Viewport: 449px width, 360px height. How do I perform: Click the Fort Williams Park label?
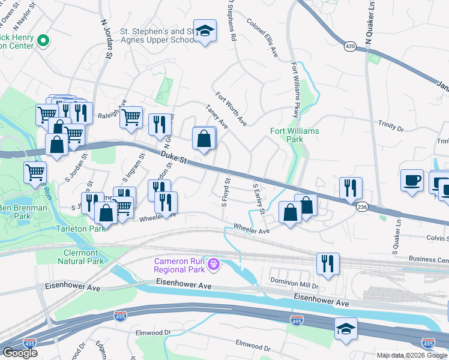[295, 135]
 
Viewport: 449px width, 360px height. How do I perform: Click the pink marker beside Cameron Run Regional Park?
[213, 263]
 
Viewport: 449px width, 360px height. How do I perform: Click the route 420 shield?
[351, 46]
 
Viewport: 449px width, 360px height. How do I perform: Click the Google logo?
[20, 353]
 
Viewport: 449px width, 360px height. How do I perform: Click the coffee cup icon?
[412, 179]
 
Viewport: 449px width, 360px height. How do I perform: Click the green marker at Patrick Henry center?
[43, 41]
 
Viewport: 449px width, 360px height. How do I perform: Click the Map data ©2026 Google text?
[412, 355]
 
